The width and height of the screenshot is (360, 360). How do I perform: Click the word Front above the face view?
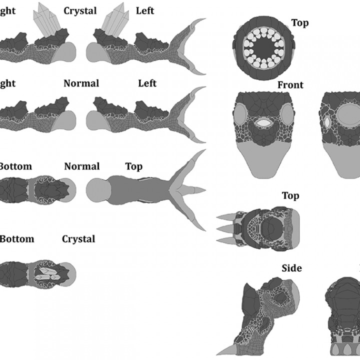(290, 85)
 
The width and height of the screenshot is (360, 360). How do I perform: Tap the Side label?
(291, 268)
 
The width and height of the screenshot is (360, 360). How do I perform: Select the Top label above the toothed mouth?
(299, 23)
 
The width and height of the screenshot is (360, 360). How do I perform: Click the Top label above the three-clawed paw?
(290, 195)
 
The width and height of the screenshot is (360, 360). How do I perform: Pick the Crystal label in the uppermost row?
(80, 11)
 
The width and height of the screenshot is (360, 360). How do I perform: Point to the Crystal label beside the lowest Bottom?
(78, 239)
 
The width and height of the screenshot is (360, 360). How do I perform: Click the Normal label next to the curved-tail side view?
(81, 83)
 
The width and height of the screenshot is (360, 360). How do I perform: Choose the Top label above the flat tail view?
(133, 166)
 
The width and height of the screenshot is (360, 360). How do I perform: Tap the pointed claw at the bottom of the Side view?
(225, 350)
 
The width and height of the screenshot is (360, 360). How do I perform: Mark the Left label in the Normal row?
(147, 83)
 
